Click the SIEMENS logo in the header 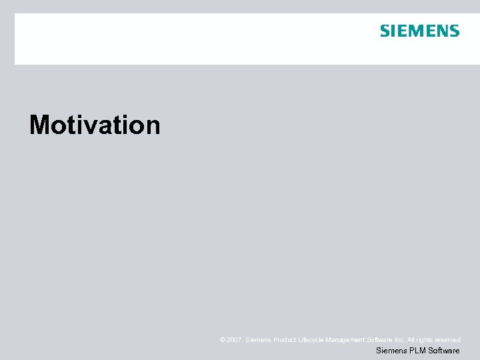pyautogui.click(x=419, y=31)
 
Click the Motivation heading pyautogui.click(x=95, y=125)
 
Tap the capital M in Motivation pyautogui.click(x=40, y=125)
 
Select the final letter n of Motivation pyautogui.click(x=153, y=127)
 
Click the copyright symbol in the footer pyautogui.click(x=223, y=340)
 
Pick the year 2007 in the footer pyautogui.click(x=235, y=340)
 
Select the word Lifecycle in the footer pyautogui.click(x=311, y=340)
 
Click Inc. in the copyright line pyautogui.click(x=399, y=340)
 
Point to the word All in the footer pyautogui.click(x=411, y=340)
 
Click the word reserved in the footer pyautogui.click(x=448, y=340)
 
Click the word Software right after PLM pyautogui.click(x=443, y=351)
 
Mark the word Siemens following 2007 pyautogui.click(x=257, y=340)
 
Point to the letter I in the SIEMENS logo pyautogui.click(x=392, y=31)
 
